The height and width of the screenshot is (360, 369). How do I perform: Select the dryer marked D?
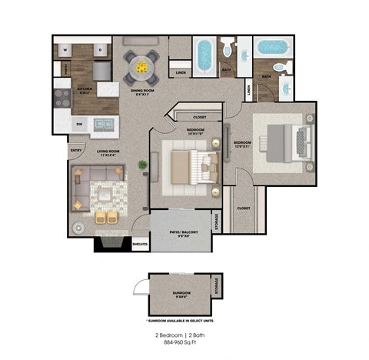click(100, 50)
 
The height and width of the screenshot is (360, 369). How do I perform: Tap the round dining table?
click(141, 67)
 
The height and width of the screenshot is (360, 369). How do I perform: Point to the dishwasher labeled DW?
click(79, 123)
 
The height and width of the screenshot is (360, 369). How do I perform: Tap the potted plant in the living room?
click(143, 165)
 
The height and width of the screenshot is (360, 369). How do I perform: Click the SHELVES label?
click(139, 245)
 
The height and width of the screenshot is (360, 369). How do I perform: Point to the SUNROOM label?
click(181, 293)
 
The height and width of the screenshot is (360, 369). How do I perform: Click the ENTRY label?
click(75, 150)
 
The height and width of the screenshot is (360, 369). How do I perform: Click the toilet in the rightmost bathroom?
click(281, 67)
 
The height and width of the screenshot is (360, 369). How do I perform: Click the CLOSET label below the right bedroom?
click(243, 208)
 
